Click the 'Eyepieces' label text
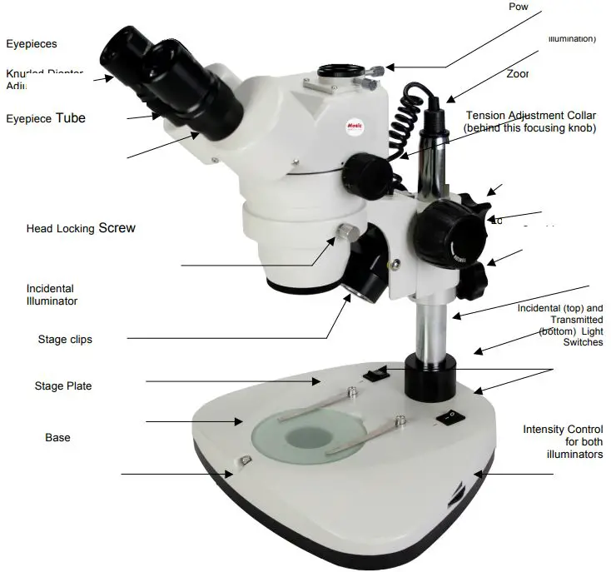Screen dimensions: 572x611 point(32,44)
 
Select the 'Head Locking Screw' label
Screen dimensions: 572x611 point(80,228)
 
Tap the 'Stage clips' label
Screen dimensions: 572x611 point(65,340)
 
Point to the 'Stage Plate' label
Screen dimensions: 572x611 point(63,386)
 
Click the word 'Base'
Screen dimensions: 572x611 point(57,438)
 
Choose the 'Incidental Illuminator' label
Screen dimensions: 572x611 point(52,295)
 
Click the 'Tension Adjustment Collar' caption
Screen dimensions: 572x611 point(530,122)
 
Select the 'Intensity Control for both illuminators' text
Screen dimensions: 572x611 point(563,442)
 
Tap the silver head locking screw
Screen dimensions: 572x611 point(346,231)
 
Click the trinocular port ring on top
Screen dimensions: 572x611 point(336,71)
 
